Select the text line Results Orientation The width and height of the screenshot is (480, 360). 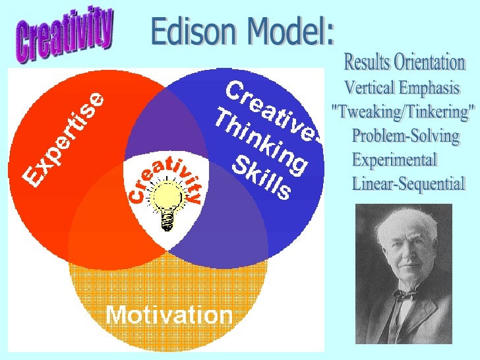pyautogui.click(x=404, y=63)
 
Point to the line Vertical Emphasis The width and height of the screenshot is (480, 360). pyautogui.click(x=402, y=88)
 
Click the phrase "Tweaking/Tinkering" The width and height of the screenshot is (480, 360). pyautogui.click(x=403, y=112)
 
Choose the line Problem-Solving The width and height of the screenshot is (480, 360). pyautogui.click(x=405, y=136)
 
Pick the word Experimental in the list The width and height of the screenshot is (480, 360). pyautogui.click(x=394, y=160)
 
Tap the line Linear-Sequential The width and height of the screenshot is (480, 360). pyautogui.click(x=408, y=183)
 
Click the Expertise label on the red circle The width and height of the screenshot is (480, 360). pyautogui.click(x=64, y=138)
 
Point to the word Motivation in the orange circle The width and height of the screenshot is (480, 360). pyautogui.click(x=169, y=315)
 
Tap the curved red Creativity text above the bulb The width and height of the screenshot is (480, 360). pyautogui.click(x=165, y=178)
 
